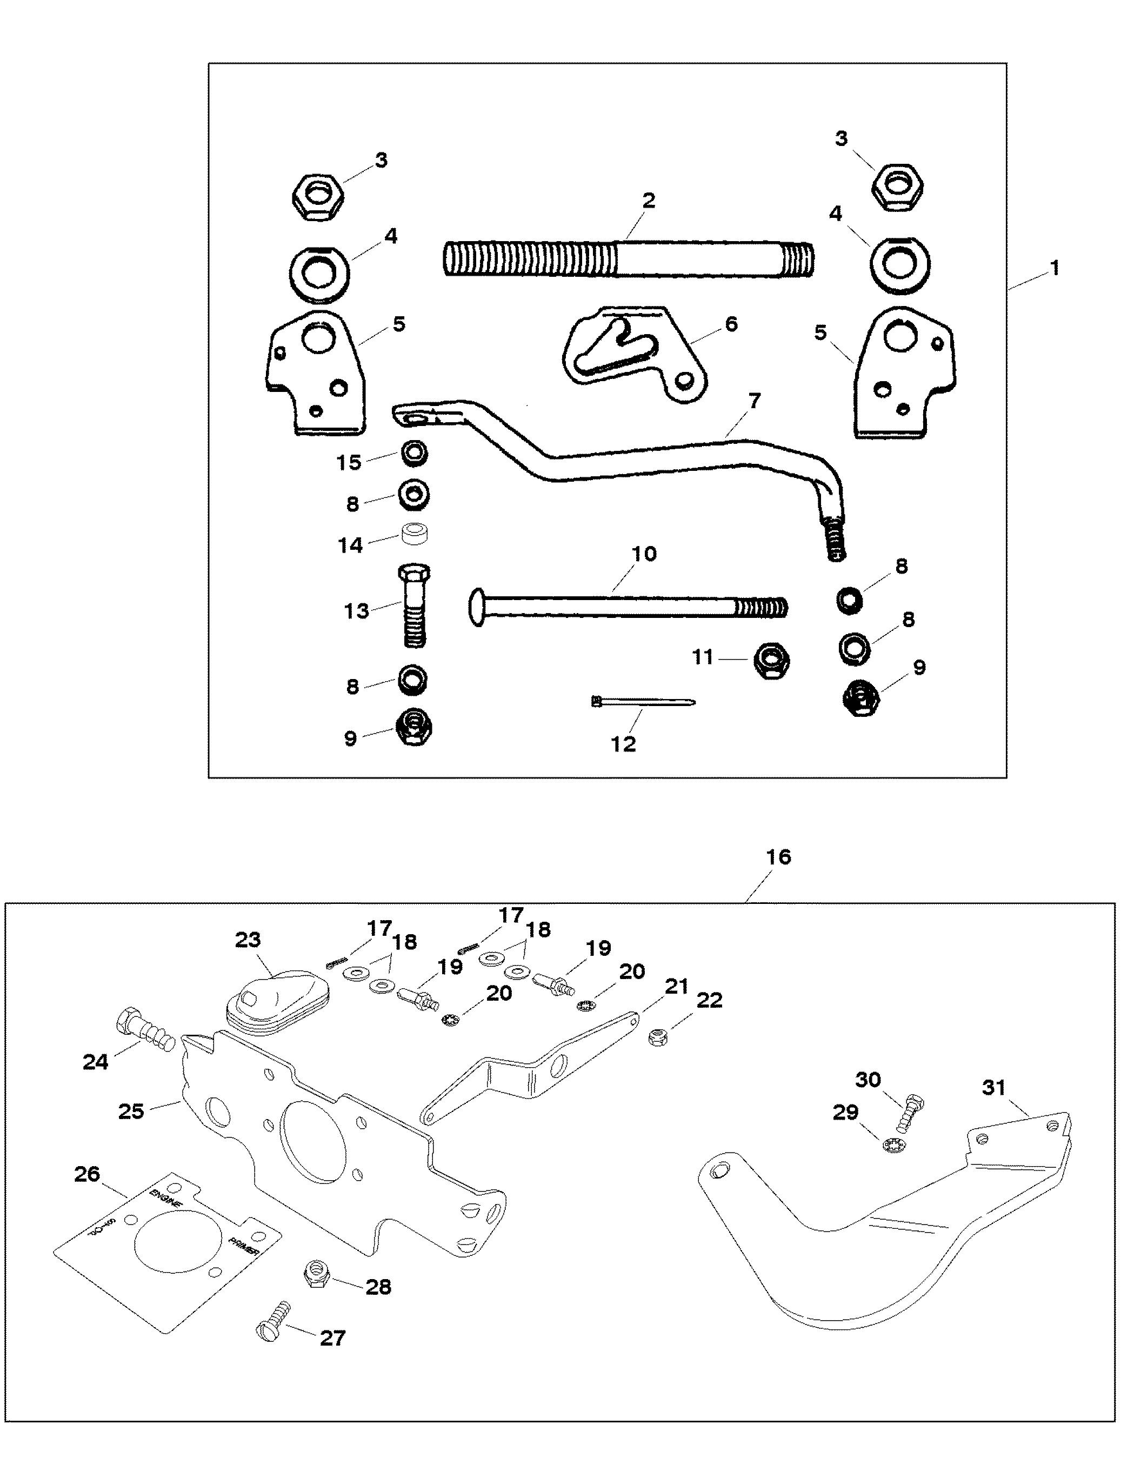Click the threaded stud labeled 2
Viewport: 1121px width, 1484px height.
(627, 258)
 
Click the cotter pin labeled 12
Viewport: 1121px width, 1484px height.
(643, 702)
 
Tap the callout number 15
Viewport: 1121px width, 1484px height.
(349, 462)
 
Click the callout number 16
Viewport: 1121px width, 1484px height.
(778, 857)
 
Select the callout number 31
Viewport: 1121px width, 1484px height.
(993, 1088)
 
